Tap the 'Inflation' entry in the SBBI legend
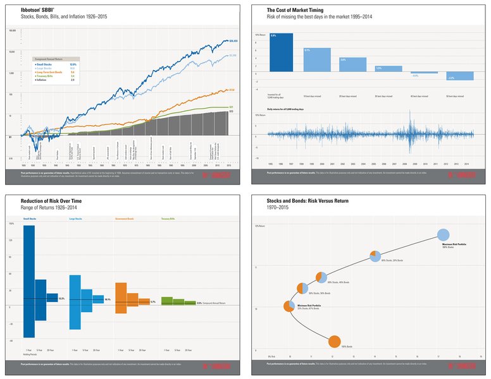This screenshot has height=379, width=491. [40, 80]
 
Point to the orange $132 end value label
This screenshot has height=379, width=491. [232, 90]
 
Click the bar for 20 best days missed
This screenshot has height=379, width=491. [352, 65]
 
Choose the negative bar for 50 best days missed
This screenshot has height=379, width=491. [460, 76]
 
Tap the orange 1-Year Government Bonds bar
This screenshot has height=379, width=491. [121, 294]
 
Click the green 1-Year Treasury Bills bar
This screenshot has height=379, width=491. [167, 301]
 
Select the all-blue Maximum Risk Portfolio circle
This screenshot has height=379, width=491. [444, 235]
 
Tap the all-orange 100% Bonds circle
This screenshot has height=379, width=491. [335, 342]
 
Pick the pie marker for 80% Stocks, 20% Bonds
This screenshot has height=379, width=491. [375, 256]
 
